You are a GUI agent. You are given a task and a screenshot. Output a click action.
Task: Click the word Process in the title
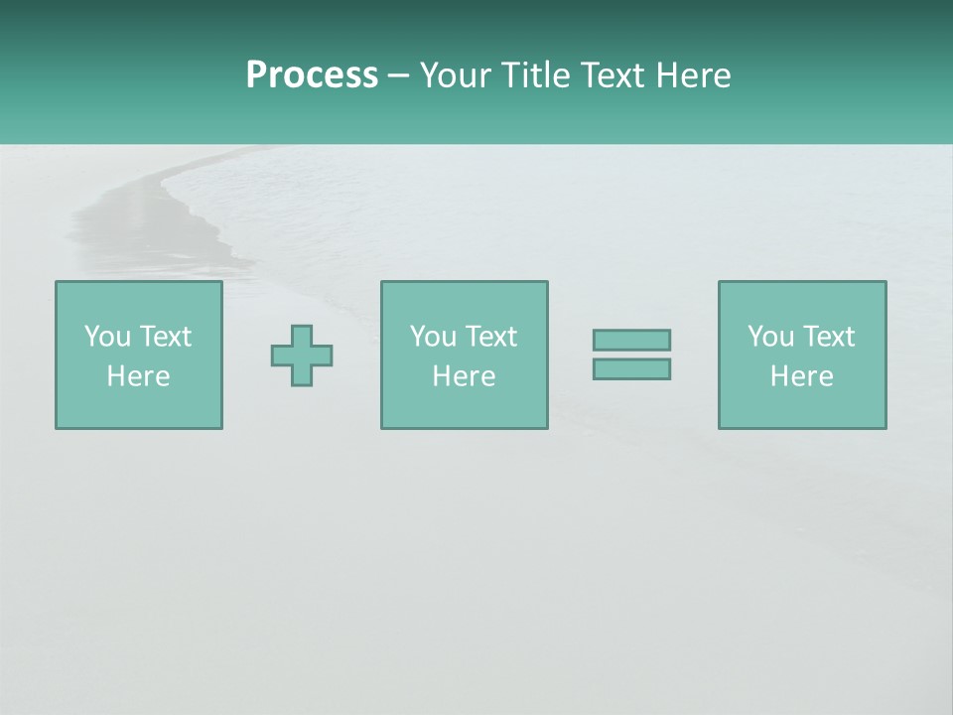click(x=312, y=75)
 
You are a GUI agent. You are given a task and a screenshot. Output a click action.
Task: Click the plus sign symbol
click(x=302, y=356)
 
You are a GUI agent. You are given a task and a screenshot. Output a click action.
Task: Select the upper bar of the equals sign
click(x=631, y=340)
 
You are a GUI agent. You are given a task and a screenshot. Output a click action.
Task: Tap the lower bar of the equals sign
click(x=631, y=368)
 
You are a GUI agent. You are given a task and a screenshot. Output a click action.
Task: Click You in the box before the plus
click(x=106, y=337)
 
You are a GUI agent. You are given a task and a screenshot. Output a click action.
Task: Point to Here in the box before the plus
click(x=139, y=376)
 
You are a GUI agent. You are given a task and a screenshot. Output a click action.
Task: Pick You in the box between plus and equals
click(x=432, y=337)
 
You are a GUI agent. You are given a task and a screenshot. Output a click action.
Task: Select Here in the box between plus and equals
click(x=465, y=376)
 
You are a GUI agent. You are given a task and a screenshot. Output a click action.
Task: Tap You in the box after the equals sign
click(x=769, y=337)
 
